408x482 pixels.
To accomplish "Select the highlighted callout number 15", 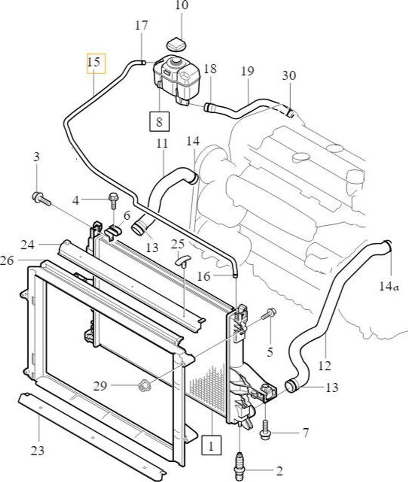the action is tap(96, 64).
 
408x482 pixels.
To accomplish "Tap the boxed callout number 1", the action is tap(211, 445).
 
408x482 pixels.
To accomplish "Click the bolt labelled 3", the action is tap(41, 199).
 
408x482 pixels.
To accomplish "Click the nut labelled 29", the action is tap(144, 385).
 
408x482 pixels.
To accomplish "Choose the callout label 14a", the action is tap(389, 287).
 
